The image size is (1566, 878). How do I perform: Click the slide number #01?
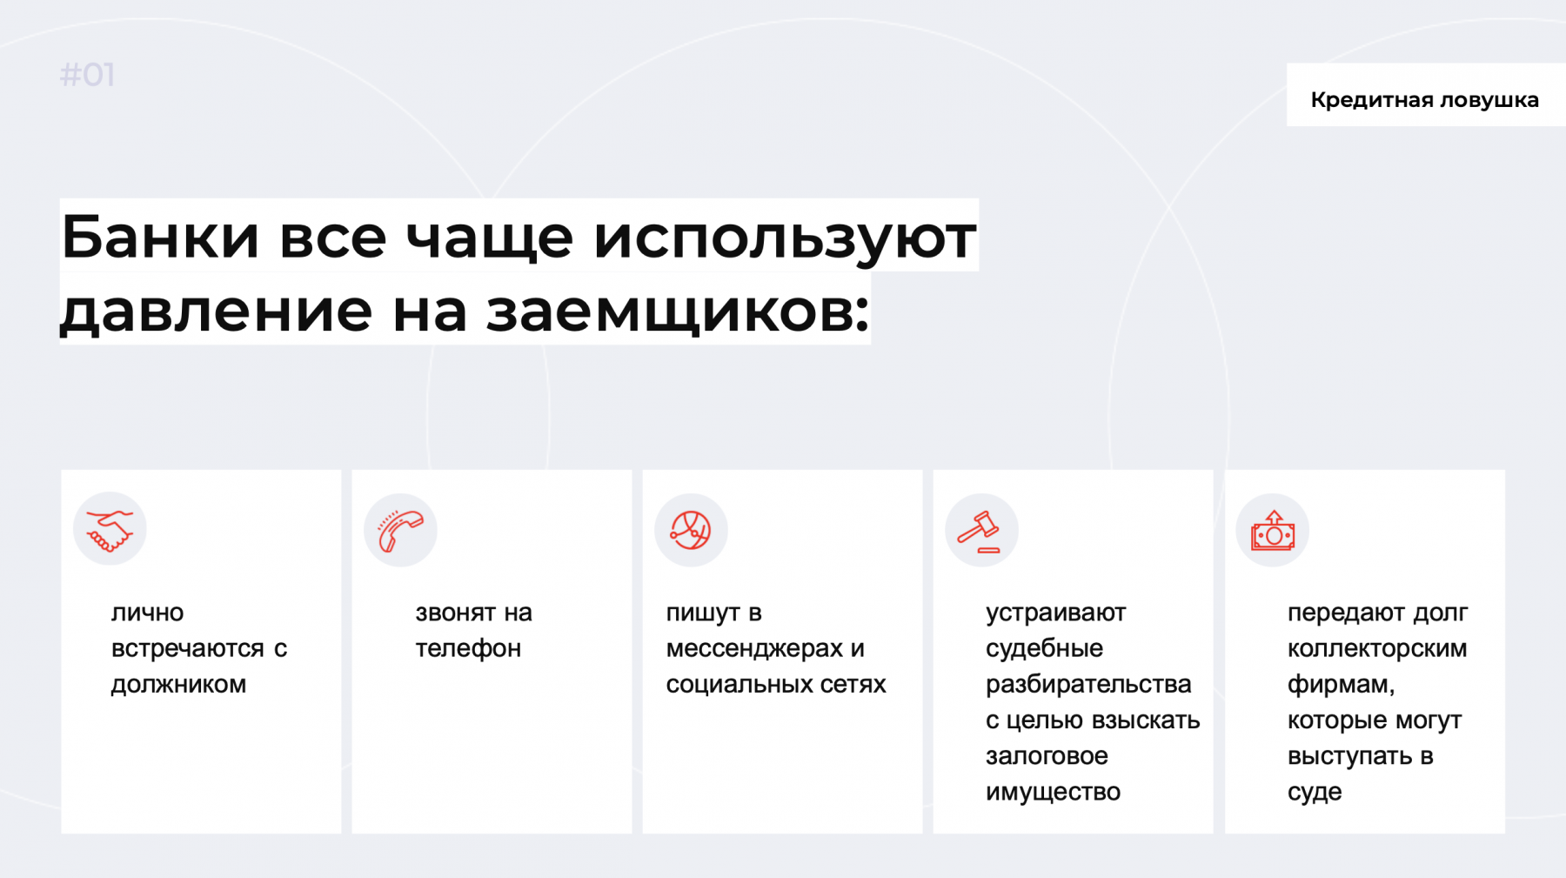87,75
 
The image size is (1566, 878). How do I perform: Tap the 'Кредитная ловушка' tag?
1425,100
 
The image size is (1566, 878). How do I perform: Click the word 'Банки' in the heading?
160,237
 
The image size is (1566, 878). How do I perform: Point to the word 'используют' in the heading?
785,237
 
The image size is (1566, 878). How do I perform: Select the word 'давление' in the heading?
217,311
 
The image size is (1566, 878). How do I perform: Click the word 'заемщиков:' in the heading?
677,311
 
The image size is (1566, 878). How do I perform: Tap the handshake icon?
110,530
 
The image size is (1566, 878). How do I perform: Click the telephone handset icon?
400,531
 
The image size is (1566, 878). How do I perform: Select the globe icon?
691,530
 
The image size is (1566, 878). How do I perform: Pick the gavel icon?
980,531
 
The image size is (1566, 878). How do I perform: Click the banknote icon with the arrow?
1273,530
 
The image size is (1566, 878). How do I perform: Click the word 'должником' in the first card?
178,685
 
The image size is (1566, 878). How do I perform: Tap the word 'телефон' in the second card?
468,649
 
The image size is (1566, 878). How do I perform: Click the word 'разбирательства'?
1088,685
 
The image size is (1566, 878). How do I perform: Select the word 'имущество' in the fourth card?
1053,792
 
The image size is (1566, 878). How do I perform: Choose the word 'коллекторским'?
1377,649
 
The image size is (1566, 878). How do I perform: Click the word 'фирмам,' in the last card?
1341,685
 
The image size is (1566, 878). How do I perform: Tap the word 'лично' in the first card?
147,613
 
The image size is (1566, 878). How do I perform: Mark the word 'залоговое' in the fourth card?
1047,756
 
